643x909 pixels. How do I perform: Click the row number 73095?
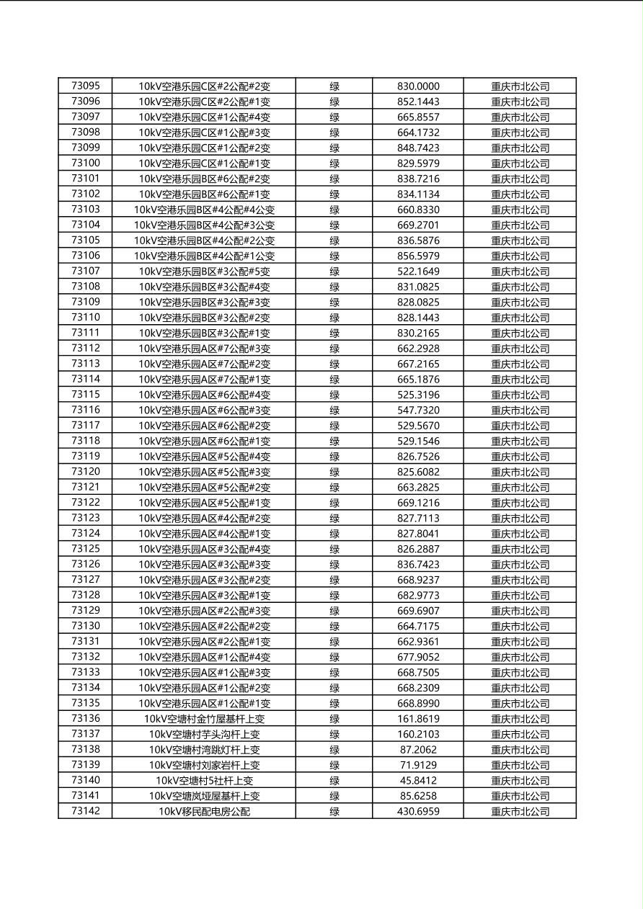click(x=86, y=86)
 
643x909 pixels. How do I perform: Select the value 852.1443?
click(x=418, y=102)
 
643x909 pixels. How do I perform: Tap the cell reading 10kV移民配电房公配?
click(x=204, y=811)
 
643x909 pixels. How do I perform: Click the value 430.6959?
click(x=418, y=811)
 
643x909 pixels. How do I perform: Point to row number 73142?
click(x=86, y=811)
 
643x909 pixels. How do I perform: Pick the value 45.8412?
click(x=418, y=780)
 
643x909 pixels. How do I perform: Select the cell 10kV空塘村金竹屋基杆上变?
click(x=204, y=719)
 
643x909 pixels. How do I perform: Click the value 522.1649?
click(x=418, y=272)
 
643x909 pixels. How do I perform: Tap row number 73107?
click(x=86, y=272)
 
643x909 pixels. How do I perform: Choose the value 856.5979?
click(x=418, y=256)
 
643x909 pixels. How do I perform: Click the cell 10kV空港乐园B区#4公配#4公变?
click(x=204, y=210)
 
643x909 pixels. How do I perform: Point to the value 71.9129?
click(x=418, y=765)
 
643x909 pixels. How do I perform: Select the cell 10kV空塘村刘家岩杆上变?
click(x=204, y=765)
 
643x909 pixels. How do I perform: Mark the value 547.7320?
click(x=418, y=410)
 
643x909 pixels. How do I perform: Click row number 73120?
click(x=86, y=472)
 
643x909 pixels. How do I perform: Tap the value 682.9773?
click(x=418, y=595)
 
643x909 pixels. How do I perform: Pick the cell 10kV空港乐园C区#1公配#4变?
click(x=204, y=117)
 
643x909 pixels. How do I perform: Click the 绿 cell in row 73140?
click(x=334, y=780)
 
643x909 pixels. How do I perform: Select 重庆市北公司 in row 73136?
click(x=520, y=719)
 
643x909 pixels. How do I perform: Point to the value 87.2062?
click(x=418, y=749)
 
